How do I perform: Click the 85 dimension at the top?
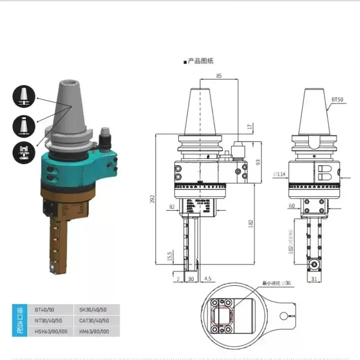pos(219,76)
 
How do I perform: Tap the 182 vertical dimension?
pos(250,222)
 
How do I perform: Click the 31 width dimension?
pos(314,279)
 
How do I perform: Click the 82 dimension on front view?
pos(172,207)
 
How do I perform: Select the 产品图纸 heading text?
pos(200,62)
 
